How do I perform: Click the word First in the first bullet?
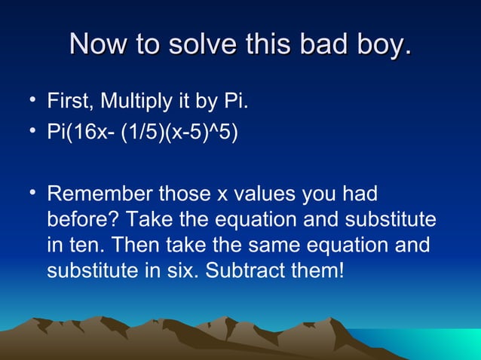[x=69, y=101]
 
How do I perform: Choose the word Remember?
[x=99, y=195]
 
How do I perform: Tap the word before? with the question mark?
[x=82, y=221]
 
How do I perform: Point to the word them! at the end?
[x=321, y=270]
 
